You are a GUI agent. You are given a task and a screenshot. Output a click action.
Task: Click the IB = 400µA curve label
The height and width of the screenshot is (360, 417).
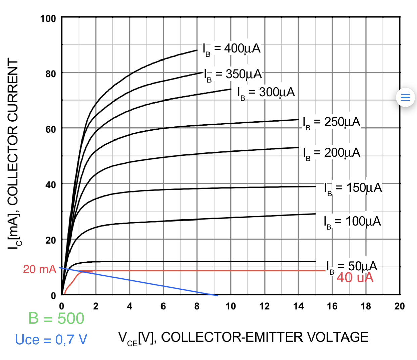[232, 49]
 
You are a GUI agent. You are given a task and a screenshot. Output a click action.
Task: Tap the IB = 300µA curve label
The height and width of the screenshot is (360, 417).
[266, 93]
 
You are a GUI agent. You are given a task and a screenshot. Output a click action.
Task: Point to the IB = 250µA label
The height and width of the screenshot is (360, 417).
[331, 122]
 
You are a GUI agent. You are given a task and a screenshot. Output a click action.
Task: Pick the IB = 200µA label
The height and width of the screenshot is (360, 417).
[331, 153]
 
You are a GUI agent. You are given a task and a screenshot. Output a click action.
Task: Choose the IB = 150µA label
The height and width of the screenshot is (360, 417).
[353, 188]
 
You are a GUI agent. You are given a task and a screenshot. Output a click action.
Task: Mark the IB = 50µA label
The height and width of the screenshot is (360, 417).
[352, 267]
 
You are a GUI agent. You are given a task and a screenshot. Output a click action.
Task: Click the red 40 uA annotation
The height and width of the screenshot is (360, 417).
[355, 278]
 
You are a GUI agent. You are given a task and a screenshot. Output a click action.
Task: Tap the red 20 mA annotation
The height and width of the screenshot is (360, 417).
[39, 269]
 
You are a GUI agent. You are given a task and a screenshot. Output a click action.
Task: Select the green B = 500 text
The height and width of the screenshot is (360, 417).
[56, 318]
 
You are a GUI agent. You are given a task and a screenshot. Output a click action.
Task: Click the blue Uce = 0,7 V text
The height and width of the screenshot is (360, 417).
[51, 340]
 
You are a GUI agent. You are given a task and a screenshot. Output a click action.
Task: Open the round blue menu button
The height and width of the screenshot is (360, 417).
[406, 97]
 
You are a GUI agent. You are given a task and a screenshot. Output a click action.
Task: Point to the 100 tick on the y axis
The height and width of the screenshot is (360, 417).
[48, 18]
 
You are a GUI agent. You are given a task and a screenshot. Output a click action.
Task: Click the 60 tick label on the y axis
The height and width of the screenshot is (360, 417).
[51, 129]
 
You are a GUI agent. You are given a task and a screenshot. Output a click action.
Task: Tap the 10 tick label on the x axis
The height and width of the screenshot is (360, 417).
[231, 306]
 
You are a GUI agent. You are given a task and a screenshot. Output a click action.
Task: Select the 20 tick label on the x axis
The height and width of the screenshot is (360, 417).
[399, 306]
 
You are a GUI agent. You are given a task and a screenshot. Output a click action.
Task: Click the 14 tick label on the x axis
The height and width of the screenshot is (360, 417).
[298, 306]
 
